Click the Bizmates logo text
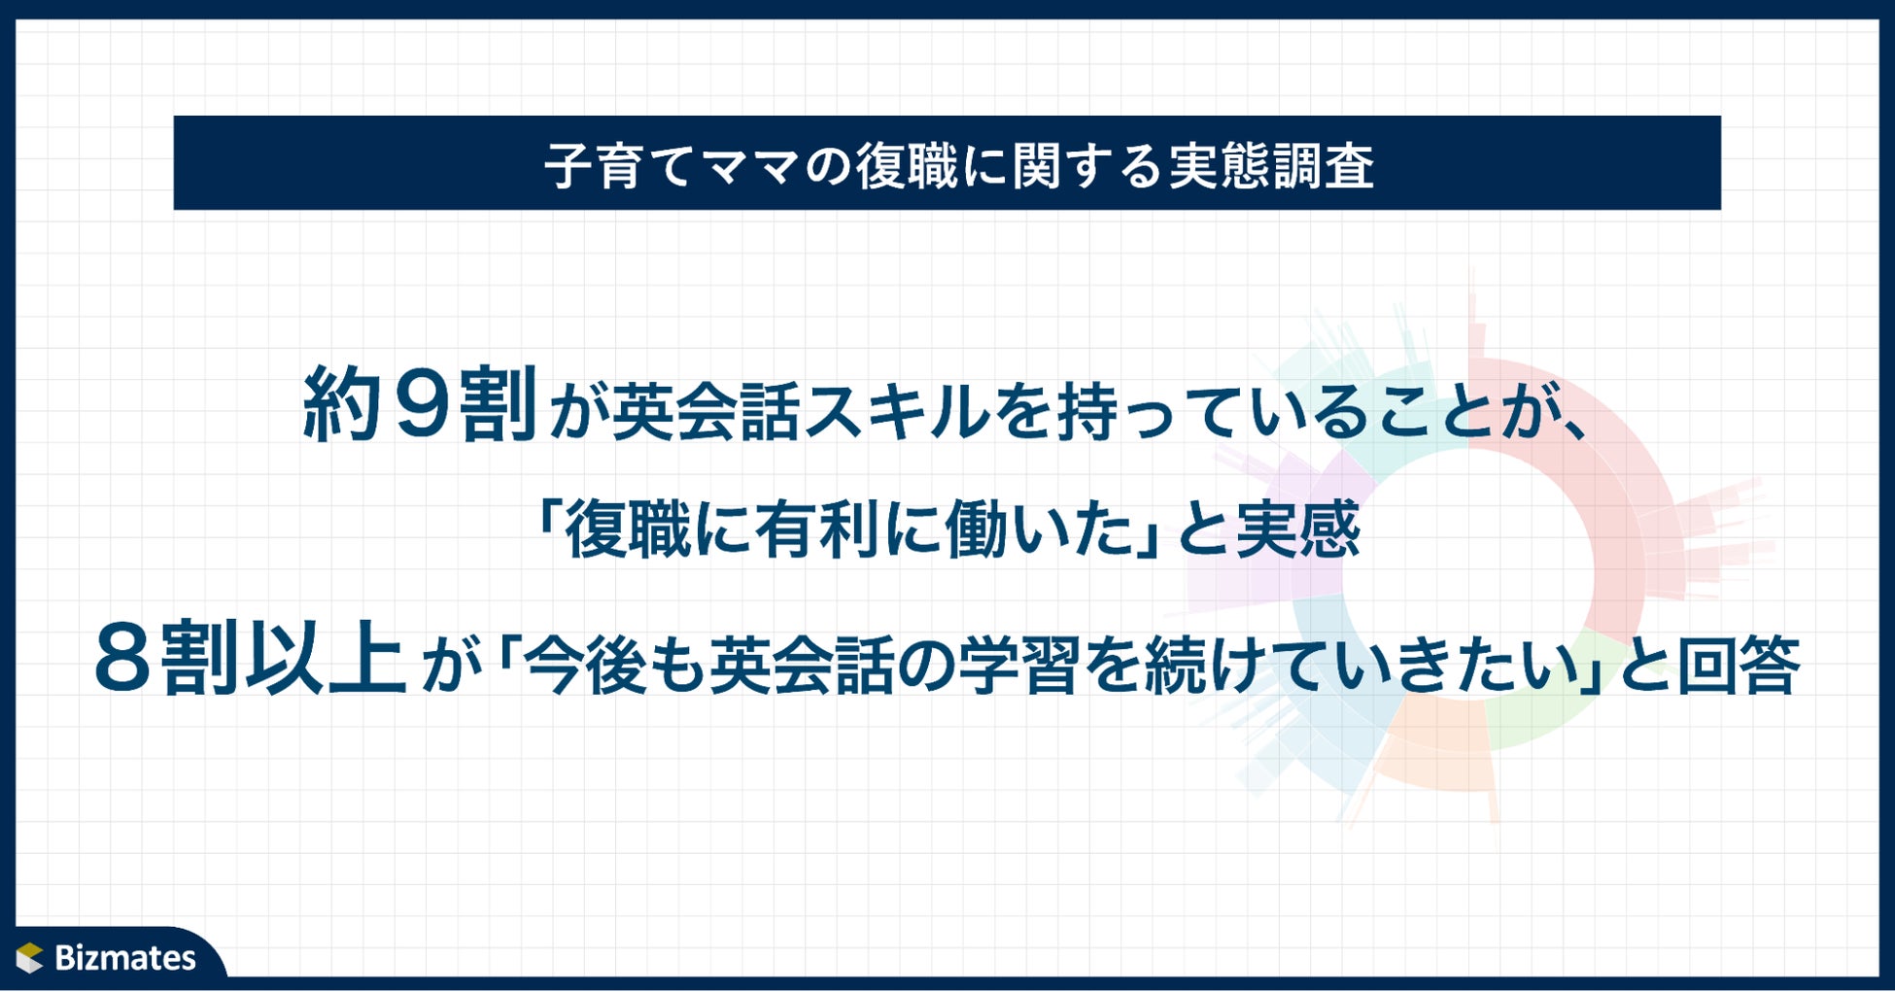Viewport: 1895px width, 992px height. point(125,958)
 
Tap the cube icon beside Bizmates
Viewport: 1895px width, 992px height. point(30,957)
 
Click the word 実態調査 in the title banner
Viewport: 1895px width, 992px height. point(1271,166)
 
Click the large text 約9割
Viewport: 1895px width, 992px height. point(421,405)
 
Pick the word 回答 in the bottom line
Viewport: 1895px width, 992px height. point(1739,666)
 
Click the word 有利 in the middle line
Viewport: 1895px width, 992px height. point(819,531)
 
